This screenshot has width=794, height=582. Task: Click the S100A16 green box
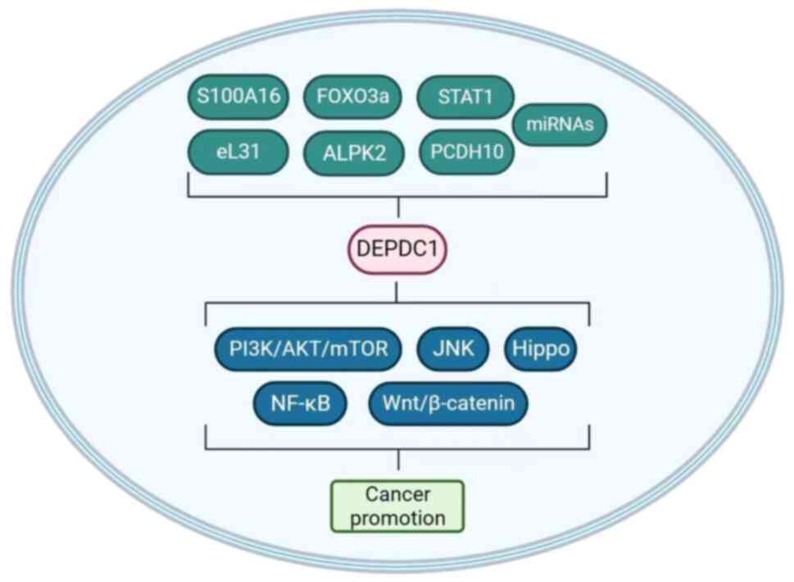[238, 97]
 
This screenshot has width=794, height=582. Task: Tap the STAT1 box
[465, 97]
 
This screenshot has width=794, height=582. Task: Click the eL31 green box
[238, 152]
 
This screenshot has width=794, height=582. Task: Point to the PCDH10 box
[466, 152]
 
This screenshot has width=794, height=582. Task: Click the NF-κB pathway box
[301, 404]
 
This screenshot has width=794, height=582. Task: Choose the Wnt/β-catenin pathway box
[447, 404]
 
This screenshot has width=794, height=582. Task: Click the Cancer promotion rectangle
[397, 506]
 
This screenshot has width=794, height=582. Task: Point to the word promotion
[397, 518]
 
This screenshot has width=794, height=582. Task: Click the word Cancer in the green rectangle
[397, 494]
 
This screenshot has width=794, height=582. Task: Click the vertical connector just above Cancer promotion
[398, 464]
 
